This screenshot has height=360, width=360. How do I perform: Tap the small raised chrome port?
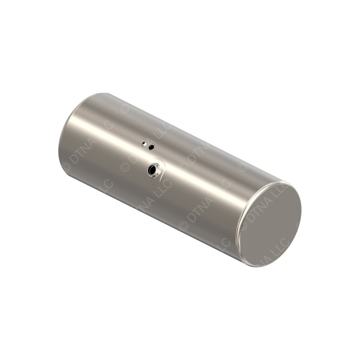tap(143, 143)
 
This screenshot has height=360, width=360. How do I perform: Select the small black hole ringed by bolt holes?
tap(151, 147)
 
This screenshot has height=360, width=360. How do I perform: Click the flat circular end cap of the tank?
tap(270, 225)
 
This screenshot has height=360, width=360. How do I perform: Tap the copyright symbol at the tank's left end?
tap(66, 168)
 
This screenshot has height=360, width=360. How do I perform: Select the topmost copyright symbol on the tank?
tap(124, 109)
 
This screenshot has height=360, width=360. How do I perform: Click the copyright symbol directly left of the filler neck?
tap(125, 167)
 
